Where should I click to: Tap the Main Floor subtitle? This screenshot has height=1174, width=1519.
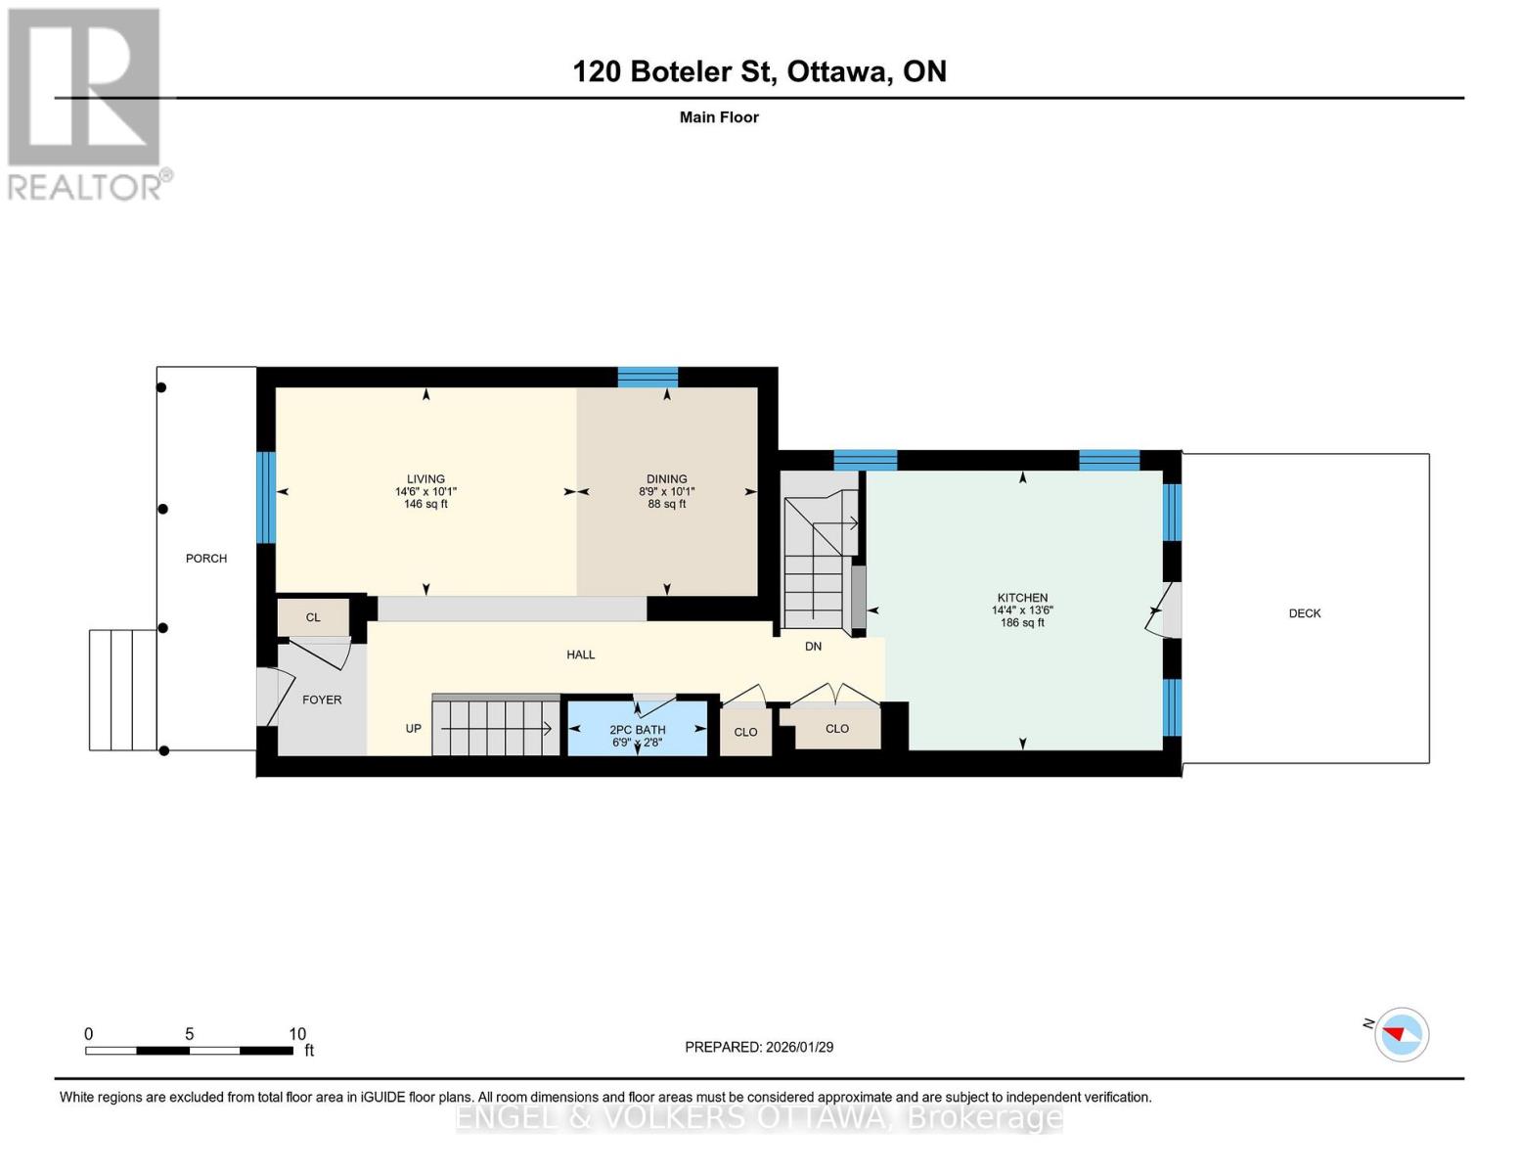(719, 117)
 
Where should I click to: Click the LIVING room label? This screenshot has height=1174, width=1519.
(425, 479)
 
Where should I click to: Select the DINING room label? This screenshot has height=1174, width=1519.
(666, 479)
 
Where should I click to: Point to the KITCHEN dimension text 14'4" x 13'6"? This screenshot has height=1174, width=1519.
(1022, 610)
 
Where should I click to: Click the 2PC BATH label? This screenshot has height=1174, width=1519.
(637, 730)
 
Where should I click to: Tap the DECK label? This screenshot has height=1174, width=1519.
(1304, 613)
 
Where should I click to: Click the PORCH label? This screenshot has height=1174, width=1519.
(206, 559)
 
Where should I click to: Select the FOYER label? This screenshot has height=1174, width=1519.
(322, 700)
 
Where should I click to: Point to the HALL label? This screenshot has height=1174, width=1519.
(580, 655)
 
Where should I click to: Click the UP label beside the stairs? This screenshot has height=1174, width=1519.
(414, 729)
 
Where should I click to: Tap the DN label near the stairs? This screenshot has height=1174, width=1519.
(813, 647)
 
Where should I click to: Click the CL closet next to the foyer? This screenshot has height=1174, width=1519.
(313, 617)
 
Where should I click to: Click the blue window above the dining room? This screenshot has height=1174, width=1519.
(648, 377)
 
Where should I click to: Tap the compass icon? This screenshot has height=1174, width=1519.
(1401, 1034)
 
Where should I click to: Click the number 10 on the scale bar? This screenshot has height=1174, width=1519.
(297, 1034)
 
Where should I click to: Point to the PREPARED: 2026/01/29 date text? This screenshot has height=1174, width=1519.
(759, 1047)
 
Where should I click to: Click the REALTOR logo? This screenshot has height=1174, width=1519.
(86, 103)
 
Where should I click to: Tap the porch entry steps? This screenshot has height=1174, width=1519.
(122, 690)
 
